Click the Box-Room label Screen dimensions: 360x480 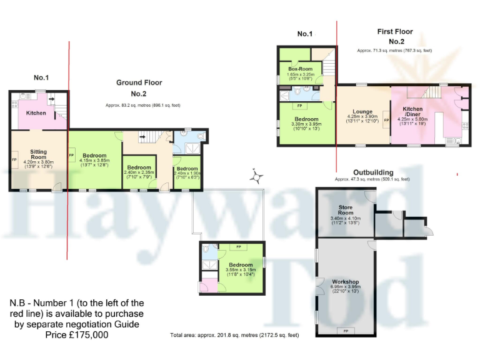(x=299, y=68)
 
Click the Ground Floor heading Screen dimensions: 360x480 (x=139, y=82)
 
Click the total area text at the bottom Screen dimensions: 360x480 (x=234, y=336)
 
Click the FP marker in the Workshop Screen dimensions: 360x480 (x=346, y=329)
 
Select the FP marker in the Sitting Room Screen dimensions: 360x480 (x=14, y=159)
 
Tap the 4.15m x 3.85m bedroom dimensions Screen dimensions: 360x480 (x=94, y=161)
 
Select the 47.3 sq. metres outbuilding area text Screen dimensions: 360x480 (x=372, y=179)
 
